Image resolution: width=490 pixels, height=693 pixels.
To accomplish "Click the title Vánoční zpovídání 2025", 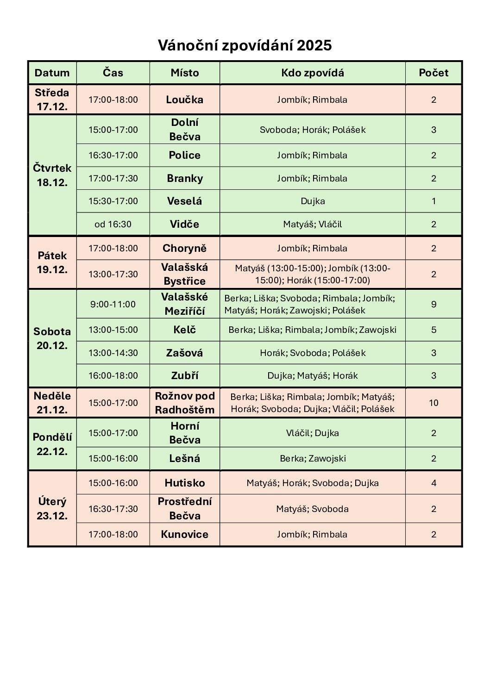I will click(245, 46).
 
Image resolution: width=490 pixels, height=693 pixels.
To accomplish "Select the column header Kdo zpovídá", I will click(312, 73).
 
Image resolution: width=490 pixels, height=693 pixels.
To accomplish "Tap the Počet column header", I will click(433, 73).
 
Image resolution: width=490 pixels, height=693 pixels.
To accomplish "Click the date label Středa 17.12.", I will click(52, 100).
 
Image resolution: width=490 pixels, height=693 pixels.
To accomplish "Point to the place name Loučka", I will click(184, 100).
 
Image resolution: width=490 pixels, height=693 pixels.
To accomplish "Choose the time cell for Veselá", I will click(113, 201).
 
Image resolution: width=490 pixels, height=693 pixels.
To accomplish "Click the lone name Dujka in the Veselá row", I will click(313, 201).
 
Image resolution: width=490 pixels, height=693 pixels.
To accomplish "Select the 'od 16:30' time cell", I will click(113, 225).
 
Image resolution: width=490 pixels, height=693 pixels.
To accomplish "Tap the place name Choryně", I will click(184, 249).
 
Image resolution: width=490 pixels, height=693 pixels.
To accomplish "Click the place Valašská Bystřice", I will click(184, 274).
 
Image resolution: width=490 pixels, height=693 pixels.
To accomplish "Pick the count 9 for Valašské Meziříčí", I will click(433, 305).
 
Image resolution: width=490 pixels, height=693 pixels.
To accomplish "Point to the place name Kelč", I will click(184, 330).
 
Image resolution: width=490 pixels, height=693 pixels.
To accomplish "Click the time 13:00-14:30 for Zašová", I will click(113, 353).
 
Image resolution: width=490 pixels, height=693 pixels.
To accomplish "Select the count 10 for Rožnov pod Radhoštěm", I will click(433, 403).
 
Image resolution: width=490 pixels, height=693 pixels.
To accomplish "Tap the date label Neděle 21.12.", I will click(52, 403).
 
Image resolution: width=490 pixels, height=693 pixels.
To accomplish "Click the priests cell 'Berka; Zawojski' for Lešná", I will click(313, 459).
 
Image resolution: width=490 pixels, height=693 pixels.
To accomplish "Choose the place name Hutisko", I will click(184, 483).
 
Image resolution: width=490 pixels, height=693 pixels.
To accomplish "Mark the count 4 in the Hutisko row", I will click(433, 483).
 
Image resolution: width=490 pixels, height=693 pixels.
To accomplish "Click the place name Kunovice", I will click(184, 535).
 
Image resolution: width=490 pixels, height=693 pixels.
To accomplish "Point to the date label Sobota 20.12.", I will click(52, 338).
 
